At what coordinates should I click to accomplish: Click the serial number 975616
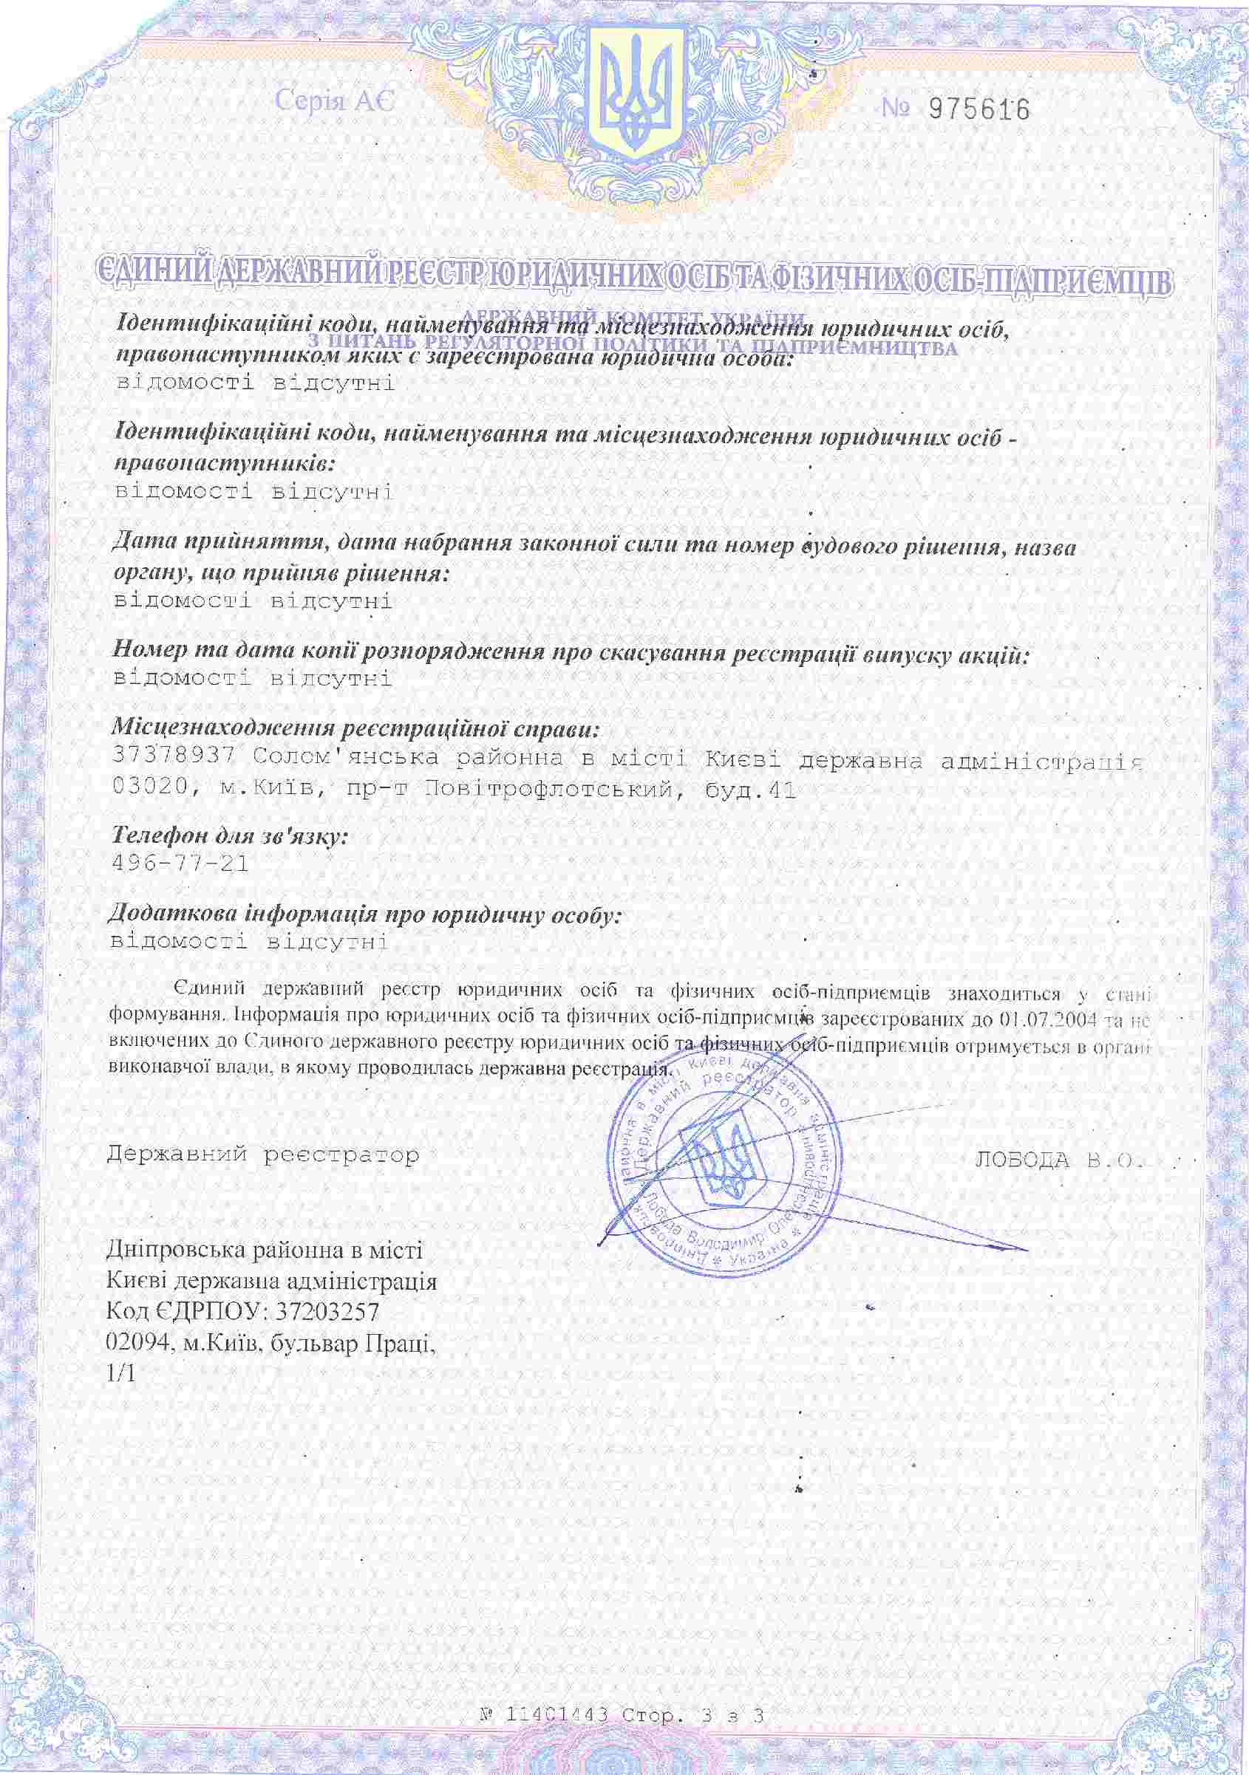point(979,110)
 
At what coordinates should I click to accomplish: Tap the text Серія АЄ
point(335,100)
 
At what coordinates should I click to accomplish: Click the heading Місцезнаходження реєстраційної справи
point(355,728)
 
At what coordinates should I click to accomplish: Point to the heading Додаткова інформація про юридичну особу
point(364,914)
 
